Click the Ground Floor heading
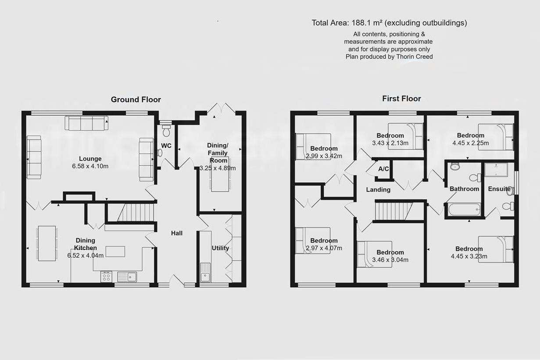coord(136,100)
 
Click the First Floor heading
coord(401,99)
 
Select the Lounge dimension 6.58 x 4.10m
coord(90,166)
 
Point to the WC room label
coord(166,146)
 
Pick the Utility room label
coord(220,248)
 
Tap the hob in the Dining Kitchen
coord(106,276)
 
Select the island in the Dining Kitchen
coord(115,251)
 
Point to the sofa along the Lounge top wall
coord(86,123)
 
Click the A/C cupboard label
coord(383,169)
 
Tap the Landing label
coord(378,189)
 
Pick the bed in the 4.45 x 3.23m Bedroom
coord(496,249)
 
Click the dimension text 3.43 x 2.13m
coord(390,143)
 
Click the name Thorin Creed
coord(415,57)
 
